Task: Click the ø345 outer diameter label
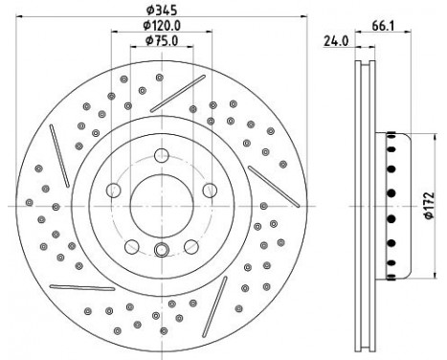[162, 10]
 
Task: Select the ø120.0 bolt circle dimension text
[162, 25]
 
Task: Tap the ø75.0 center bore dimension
[162, 40]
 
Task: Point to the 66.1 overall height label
[383, 26]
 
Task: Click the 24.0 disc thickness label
[336, 41]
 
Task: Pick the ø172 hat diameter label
[429, 206]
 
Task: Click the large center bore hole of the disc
[162, 206]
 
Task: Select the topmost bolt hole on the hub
[162, 156]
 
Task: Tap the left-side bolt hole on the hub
[113, 191]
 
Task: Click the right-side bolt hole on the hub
[210, 191]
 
